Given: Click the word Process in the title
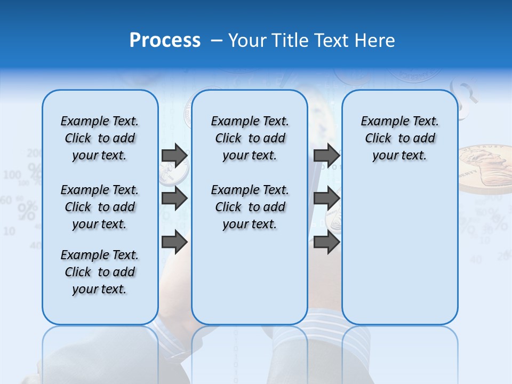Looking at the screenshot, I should point(165,40).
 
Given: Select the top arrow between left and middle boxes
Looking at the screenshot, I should point(174,155).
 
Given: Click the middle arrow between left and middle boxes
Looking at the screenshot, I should point(174,198).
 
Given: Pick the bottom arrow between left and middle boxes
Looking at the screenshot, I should point(174,242).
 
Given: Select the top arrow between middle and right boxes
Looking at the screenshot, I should point(326,155).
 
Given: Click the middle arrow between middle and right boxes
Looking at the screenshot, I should point(326,198).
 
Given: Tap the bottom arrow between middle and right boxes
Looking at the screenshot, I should point(326,242).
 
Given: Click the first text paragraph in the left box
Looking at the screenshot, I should point(100,138).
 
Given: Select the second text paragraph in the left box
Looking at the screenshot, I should point(100,207).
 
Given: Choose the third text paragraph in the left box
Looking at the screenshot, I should point(100,272).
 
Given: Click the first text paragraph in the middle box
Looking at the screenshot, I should point(250,138).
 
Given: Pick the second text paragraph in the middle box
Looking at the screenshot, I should point(250,207).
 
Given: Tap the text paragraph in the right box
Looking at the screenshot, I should point(399,138).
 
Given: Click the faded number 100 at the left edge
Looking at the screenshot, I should point(12,175).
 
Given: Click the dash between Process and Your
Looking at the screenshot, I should point(217,40).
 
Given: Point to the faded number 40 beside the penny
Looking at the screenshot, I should point(476,260).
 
